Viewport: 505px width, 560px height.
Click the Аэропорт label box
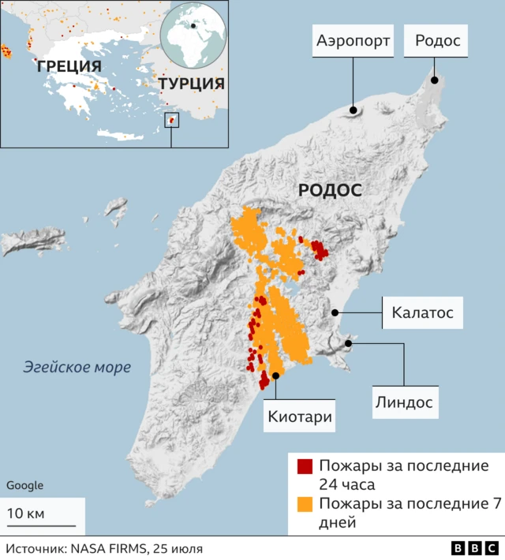353,41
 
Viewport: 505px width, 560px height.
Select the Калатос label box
422,312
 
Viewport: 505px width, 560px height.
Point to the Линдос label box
402,401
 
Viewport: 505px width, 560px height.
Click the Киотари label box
299,416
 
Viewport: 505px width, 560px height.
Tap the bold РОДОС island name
330,190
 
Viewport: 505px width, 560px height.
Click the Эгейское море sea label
77,367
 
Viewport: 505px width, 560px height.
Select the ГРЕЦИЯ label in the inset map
69,66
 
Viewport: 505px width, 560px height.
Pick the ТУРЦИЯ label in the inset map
191,84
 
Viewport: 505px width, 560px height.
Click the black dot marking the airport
353,110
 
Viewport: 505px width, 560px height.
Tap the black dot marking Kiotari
276,376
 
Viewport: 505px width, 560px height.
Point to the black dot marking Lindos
348,344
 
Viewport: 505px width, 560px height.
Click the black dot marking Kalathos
335,312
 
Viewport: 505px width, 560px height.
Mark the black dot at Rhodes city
434,80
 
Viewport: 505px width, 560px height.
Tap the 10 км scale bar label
26,513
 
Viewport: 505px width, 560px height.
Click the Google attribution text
24,485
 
